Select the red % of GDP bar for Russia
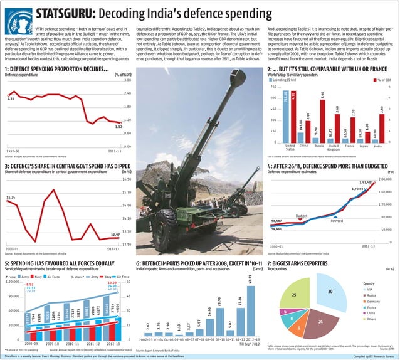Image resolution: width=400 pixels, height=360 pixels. coord(323,120)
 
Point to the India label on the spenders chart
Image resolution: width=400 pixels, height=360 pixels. coord(376,146)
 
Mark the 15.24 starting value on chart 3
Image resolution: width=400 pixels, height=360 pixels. coord(11,198)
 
